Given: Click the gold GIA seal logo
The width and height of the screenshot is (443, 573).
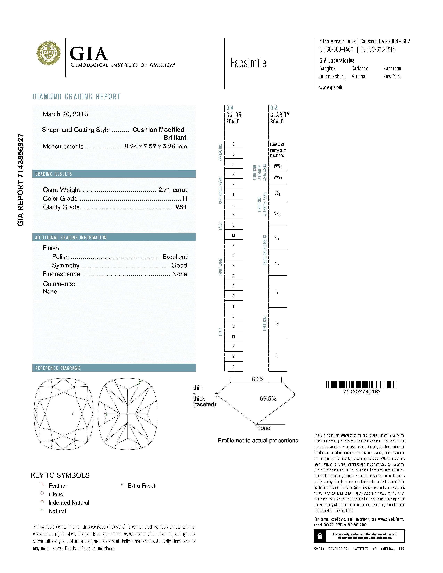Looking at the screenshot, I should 48,53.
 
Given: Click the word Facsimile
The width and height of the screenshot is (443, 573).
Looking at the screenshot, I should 248,63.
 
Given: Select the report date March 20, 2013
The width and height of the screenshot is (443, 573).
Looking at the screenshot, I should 65,114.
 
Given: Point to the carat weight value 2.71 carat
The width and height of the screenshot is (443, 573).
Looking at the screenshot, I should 173,190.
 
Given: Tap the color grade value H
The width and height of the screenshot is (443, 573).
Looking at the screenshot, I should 185,199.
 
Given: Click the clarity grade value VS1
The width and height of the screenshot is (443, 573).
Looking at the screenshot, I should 181,207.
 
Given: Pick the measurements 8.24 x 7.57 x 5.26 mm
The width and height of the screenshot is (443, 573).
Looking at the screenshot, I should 156,146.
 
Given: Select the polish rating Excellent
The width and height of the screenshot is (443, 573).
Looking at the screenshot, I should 175,257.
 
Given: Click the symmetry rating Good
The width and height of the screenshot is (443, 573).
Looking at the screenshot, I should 179,265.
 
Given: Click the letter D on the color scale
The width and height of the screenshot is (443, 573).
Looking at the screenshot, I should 233,144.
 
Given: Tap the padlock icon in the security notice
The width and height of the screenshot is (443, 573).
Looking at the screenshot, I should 320,536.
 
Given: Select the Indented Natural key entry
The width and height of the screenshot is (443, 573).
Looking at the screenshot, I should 68,503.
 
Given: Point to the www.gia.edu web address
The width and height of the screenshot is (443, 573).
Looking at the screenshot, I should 331,88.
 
